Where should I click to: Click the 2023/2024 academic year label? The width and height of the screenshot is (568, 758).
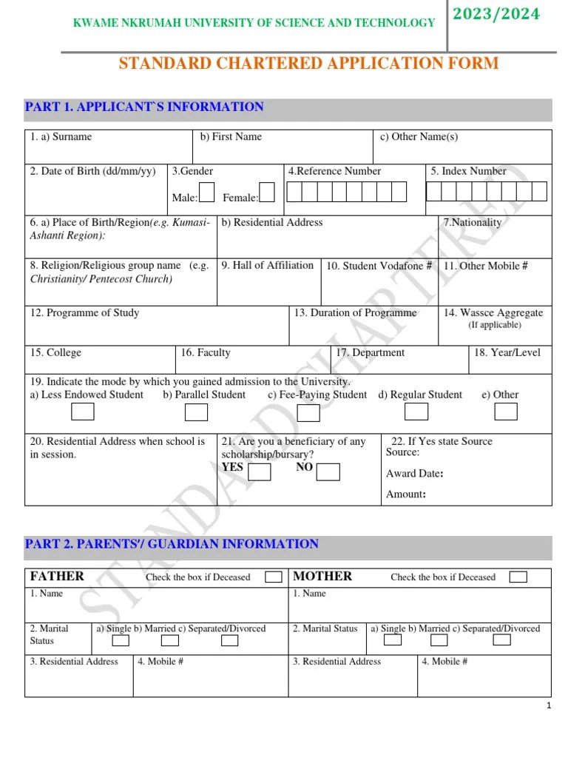pos(507,14)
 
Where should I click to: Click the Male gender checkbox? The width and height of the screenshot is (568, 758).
pos(207,192)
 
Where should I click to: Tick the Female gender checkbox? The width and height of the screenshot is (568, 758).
pos(267,192)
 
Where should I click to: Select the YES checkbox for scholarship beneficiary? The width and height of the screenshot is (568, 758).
pos(259,472)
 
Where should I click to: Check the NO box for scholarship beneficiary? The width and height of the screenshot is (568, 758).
pos(328,472)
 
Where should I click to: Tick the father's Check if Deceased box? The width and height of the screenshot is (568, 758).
pos(274,577)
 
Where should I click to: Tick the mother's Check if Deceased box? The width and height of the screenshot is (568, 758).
pos(518,577)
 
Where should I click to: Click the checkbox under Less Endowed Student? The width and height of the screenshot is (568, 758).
pos(82,412)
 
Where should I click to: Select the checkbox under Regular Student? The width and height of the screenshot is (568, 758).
pos(416,412)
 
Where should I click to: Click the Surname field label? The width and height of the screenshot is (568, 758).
pos(61,137)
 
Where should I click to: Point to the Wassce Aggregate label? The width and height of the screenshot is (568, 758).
pos(493,313)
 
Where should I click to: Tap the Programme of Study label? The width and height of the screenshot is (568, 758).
pos(84,313)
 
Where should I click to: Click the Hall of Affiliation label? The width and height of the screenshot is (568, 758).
pos(267,266)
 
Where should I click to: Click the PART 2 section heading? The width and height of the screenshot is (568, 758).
pos(172,544)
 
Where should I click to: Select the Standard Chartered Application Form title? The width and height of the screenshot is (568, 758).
pos(308,64)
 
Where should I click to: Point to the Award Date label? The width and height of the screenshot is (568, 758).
pos(415,474)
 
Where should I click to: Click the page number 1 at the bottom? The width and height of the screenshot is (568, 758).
pos(549,706)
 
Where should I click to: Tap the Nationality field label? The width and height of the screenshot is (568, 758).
pos(472,223)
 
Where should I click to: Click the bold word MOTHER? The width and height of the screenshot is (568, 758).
pos(322,576)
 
